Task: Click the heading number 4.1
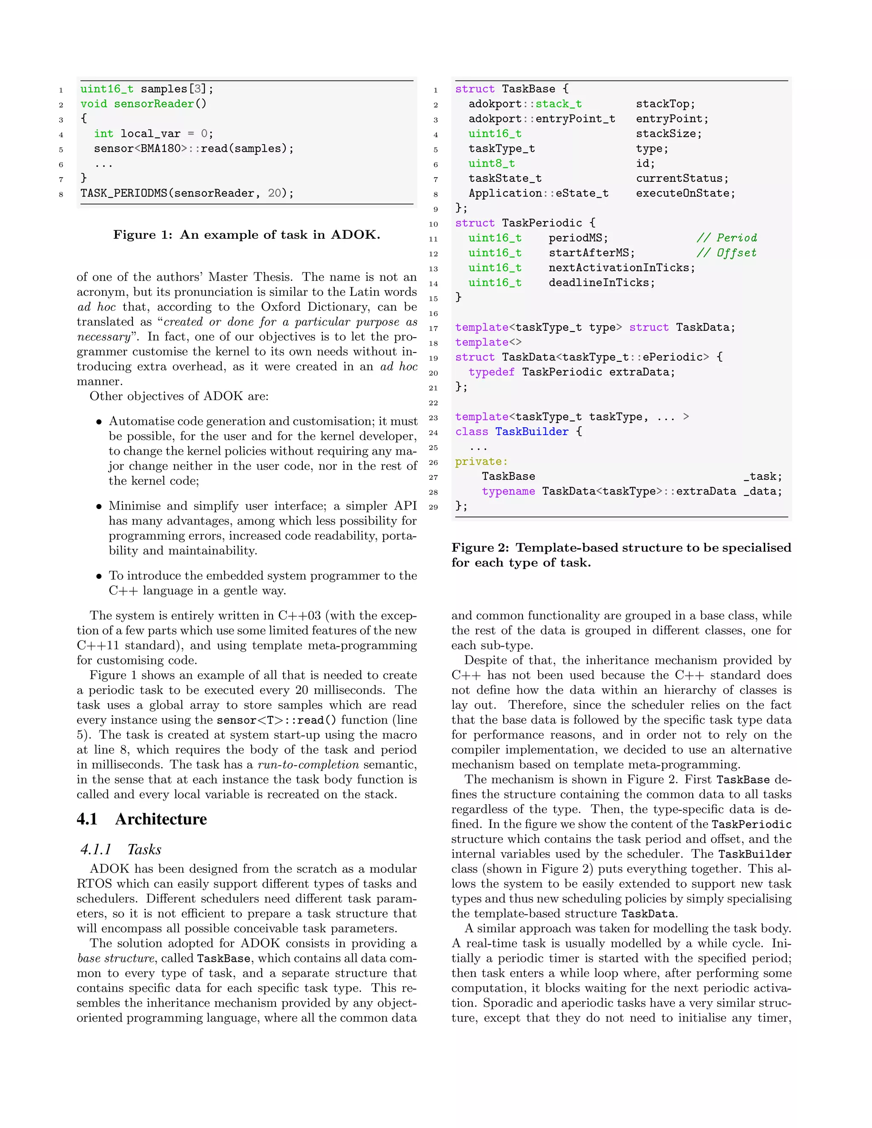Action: (x=87, y=819)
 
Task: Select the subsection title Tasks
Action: (x=144, y=850)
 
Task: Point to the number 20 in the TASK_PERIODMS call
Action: (x=274, y=193)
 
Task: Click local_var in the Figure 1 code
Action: (x=150, y=134)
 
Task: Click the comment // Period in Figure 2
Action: (x=726, y=238)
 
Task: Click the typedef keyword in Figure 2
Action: (x=491, y=372)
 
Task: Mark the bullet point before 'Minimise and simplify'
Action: (x=99, y=506)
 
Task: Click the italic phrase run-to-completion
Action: (x=308, y=764)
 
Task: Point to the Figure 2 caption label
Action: (x=482, y=547)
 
